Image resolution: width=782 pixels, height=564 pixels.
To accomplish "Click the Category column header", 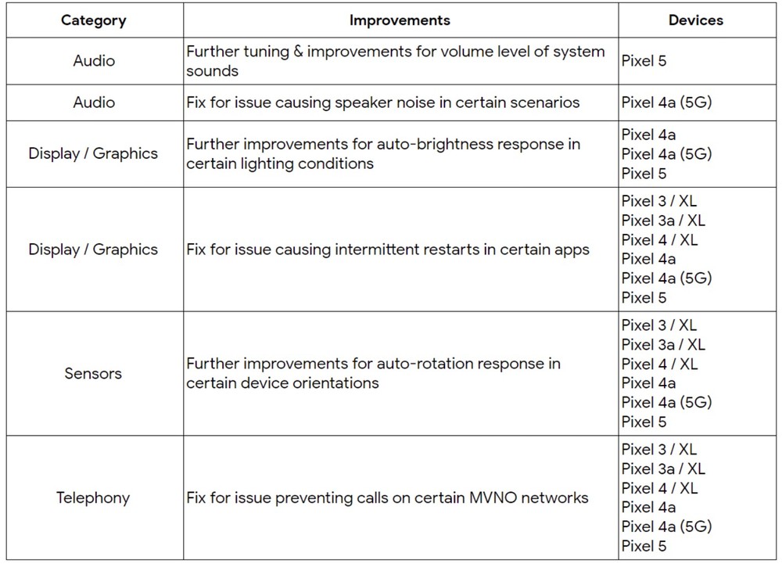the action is pyautogui.click(x=94, y=20).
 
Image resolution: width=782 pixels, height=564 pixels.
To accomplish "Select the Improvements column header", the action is pyautogui.click(x=400, y=20).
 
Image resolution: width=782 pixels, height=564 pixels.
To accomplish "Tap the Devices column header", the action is pyautogui.click(x=696, y=20).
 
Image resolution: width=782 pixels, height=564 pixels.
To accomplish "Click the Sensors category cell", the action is pyautogui.click(x=93, y=373).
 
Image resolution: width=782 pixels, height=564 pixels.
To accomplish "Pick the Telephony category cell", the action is pyautogui.click(x=93, y=498).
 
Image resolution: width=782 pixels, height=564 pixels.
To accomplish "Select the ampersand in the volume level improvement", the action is pyautogui.click(x=298, y=52).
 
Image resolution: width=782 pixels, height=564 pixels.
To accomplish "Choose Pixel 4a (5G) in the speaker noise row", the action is pyautogui.click(x=667, y=102).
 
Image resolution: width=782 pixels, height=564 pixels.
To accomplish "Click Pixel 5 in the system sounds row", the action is pyautogui.click(x=644, y=61).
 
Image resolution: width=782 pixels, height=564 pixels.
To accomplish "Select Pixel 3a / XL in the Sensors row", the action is pyautogui.click(x=663, y=345).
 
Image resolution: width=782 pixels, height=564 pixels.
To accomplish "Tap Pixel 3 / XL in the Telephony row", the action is pyautogui.click(x=659, y=449).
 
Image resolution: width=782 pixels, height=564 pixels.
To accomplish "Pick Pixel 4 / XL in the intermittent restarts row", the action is pyautogui.click(x=659, y=240).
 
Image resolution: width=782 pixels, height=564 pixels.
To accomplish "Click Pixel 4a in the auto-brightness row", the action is pyautogui.click(x=649, y=135).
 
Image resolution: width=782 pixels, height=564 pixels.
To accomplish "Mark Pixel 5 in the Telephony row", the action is pyautogui.click(x=644, y=546).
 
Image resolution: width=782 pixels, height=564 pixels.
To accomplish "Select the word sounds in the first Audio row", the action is pyautogui.click(x=213, y=71).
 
